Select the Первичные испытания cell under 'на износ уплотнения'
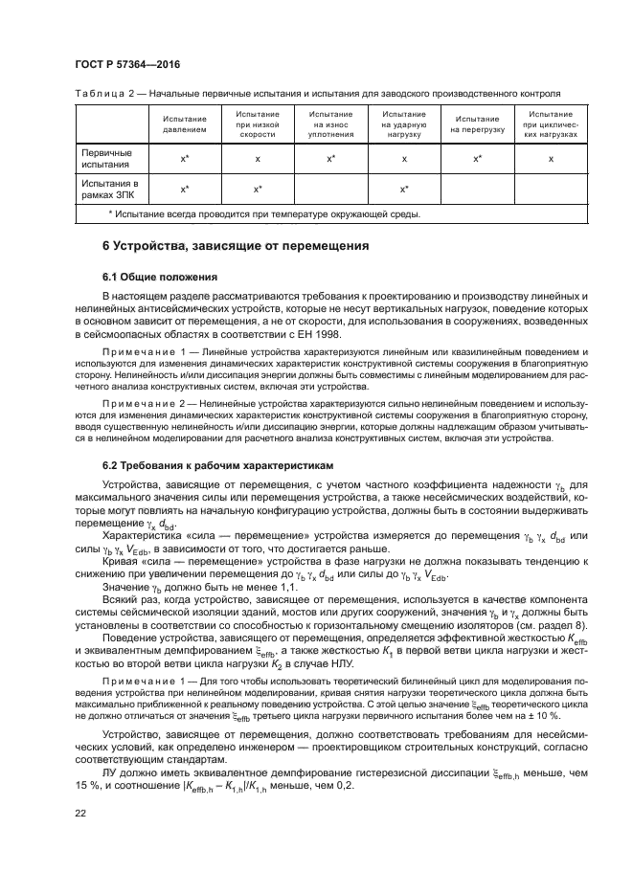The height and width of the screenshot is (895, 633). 330,158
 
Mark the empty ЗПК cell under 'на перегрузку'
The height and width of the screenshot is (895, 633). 477,189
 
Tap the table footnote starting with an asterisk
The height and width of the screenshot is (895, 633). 263,213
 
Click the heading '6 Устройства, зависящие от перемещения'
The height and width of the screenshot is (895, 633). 236,246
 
